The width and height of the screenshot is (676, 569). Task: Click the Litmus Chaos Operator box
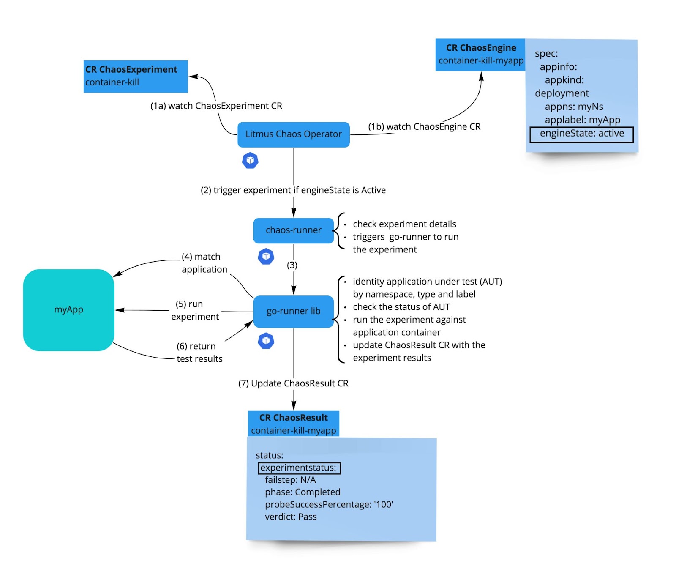pos(293,134)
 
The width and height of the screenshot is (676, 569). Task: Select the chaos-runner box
pos(293,230)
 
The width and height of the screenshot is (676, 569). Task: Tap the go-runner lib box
pos(293,311)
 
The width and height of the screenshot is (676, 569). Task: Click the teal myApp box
pos(68,310)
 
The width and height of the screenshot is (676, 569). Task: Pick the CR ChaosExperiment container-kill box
pos(135,76)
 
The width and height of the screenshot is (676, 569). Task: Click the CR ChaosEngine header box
pos(480,55)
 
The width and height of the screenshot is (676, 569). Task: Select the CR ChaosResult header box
pos(293,424)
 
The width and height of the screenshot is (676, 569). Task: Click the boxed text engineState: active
pos(581,134)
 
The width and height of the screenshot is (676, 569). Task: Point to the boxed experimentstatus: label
pos(299,468)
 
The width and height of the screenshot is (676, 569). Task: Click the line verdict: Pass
pos(291,517)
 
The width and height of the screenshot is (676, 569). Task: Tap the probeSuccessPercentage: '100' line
pos(329,504)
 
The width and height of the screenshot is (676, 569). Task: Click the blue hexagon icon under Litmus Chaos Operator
pos(250,161)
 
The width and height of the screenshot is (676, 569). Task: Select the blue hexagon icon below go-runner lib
pos(266,341)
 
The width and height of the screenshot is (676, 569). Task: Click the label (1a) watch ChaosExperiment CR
pos(216,106)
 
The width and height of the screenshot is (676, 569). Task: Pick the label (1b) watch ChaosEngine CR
pos(424,127)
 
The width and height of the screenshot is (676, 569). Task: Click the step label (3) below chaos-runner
pos(292,265)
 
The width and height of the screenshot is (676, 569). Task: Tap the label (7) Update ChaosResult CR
pos(293,383)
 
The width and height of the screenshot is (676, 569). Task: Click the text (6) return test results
pos(199,352)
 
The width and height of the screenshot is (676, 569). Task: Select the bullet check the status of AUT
pos(401,307)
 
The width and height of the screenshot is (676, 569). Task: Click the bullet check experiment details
pos(404,224)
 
